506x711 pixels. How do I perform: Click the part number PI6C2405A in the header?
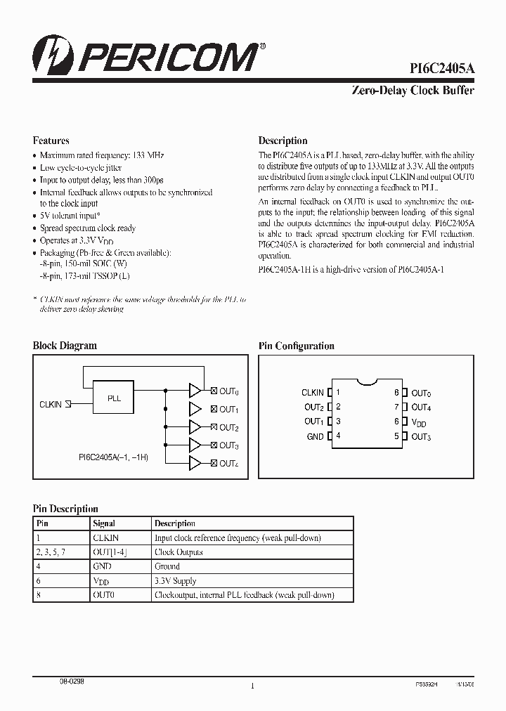(x=442, y=68)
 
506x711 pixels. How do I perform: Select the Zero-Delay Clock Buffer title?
(x=412, y=91)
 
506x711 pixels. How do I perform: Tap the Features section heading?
(x=51, y=141)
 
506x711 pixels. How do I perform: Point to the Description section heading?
(x=283, y=141)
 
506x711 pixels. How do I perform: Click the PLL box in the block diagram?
(x=114, y=398)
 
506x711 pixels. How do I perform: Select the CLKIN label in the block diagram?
(x=51, y=405)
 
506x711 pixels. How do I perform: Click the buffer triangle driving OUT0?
(x=195, y=391)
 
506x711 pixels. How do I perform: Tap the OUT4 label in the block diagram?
(x=229, y=464)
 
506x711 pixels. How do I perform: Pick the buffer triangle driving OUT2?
(x=195, y=427)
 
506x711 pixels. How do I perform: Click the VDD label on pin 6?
(x=419, y=422)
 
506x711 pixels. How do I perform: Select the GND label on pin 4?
(x=316, y=436)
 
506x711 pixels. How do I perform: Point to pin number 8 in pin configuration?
(x=397, y=393)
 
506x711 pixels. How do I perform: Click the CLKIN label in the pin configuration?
(x=313, y=393)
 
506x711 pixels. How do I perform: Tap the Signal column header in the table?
(x=104, y=523)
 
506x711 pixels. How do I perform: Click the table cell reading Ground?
(x=167, y=566)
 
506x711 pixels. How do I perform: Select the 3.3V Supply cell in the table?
(x=176, y=581)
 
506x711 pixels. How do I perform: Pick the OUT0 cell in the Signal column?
(x=103, y=595)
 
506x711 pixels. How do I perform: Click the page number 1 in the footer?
(x=252, y=686)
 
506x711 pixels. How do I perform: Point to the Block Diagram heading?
(x=65, y=346)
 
